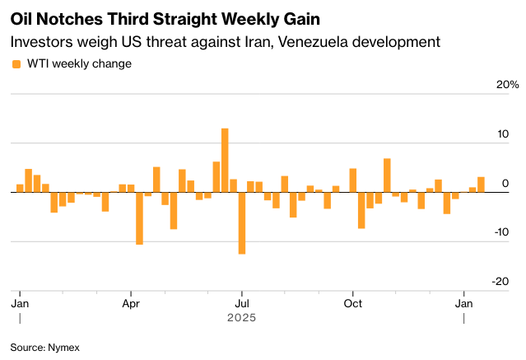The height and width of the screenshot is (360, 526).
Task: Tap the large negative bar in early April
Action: [139, 217]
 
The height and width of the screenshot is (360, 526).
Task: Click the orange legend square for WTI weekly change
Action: [16, 63]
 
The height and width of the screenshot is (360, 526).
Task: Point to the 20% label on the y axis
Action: [507, 85]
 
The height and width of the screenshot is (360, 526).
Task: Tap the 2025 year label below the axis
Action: [241, 317]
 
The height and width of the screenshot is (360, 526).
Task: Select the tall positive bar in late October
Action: [387, 175]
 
